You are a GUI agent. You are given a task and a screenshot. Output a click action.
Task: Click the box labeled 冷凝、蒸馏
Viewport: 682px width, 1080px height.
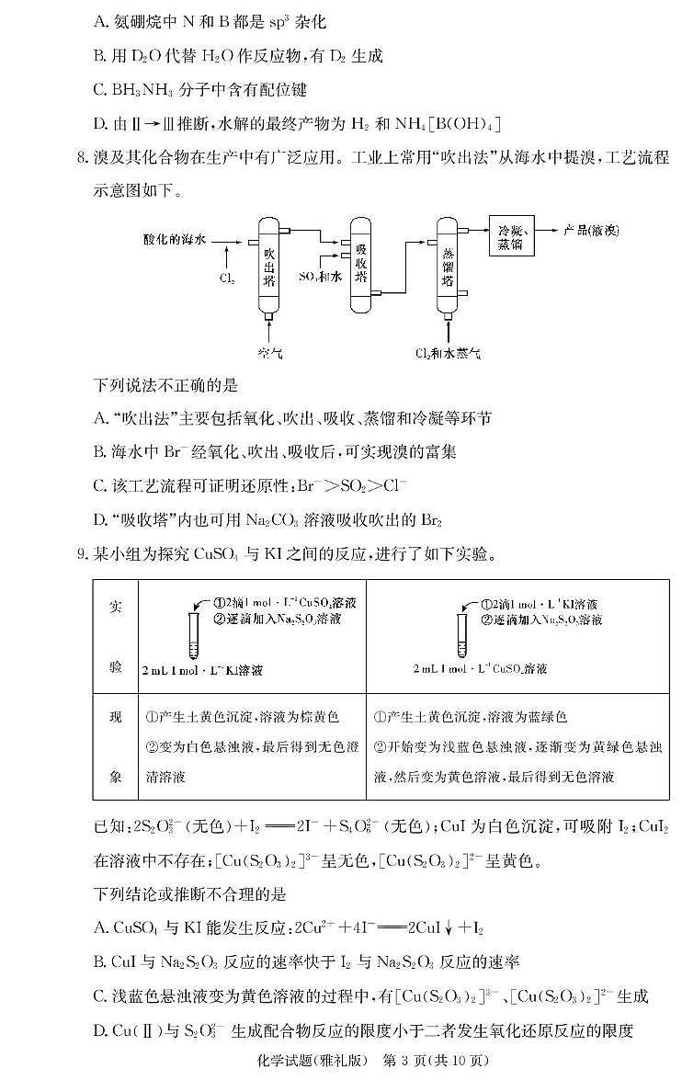click(511, 237)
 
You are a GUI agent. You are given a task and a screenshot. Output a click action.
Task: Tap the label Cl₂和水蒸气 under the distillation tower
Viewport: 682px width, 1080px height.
click(448, 353)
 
